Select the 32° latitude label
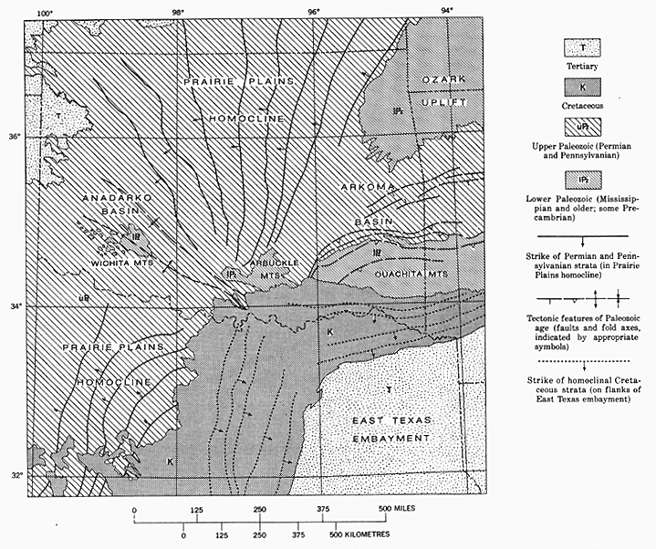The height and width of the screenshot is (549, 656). pos(15,474)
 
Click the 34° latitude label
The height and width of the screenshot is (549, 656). pos(15,306)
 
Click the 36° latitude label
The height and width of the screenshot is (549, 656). pos(15,137)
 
